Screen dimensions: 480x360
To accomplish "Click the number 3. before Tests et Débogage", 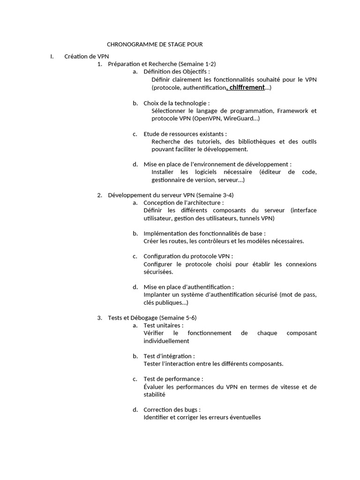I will [x=100, y=317].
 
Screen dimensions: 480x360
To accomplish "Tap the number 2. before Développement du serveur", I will [x=100, y=195].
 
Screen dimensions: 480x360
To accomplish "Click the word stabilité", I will [x=155, y=394].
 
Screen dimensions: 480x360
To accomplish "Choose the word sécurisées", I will [x=158, y=272].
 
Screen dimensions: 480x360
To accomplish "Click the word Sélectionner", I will [x=169, y=111].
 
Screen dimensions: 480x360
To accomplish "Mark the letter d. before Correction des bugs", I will [x=135, y=410].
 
